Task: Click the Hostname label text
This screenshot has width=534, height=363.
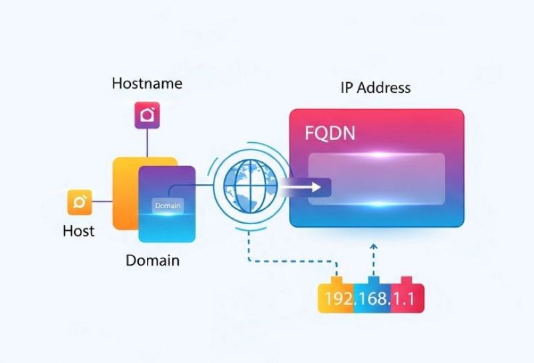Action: click(147, 83)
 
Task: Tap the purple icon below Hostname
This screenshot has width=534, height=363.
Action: click(147, 115)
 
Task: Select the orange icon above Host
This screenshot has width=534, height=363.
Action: click(79, 202)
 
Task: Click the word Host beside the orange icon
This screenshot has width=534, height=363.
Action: click(79, 231)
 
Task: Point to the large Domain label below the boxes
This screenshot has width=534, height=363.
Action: click(153, 260)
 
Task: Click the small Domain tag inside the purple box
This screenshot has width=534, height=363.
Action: click(168, 206)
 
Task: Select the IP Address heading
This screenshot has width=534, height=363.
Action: click(376, 87)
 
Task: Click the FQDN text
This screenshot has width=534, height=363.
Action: click(330, 133)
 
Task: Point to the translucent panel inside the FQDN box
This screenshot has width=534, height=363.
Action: click(377, 178)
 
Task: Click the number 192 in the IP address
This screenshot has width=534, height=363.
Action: click(338, 298)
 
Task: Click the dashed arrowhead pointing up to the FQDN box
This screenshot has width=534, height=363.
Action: click(373, 248)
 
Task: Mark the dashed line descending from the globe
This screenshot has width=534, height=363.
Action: click(249, 240)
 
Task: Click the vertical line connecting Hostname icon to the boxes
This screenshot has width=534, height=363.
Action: click(147, 142)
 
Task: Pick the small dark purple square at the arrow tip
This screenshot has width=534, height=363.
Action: click(320, 188)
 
